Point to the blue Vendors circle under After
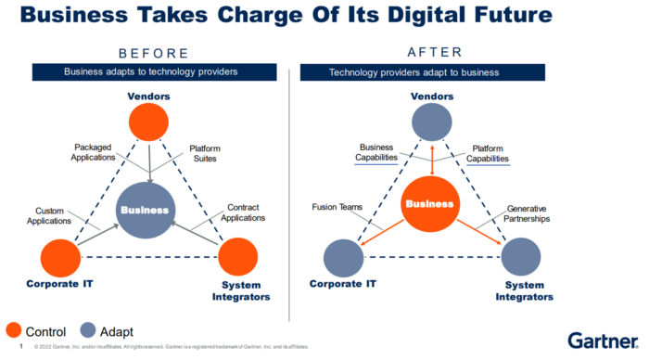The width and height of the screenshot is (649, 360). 433,122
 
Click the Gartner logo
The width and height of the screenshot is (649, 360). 601,340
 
